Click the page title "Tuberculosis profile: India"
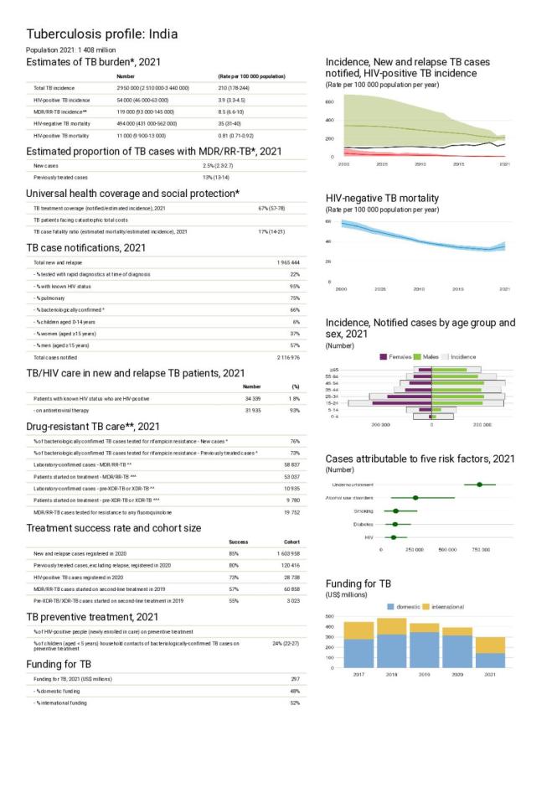pyautogui.click(x=102, y=34)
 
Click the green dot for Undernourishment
pyautogui.click(x=479, y=485)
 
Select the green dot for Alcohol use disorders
pyautogui.click(x=415, y=498)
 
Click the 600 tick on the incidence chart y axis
pyautogui.click(x=330, y=101)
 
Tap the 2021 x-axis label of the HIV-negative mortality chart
pyautogui.click(x=504, y=288)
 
